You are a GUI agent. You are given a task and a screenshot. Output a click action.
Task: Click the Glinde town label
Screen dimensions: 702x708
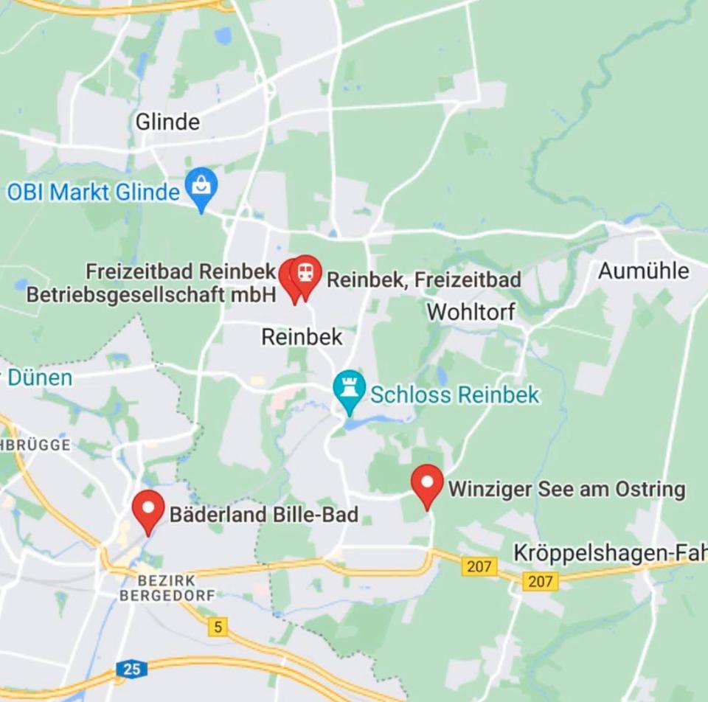click(167, 122)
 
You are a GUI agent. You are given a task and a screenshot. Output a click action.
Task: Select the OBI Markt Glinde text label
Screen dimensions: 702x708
click(94, 192)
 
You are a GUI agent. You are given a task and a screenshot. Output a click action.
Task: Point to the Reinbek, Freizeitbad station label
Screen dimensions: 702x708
click(424, 280)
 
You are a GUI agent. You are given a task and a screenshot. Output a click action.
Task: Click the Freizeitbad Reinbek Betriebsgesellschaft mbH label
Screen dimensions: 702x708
click(151, 282)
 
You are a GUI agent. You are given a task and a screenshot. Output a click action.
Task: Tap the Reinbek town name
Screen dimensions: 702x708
click(302, 337)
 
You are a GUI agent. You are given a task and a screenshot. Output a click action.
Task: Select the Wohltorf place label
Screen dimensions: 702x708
click(471, 311)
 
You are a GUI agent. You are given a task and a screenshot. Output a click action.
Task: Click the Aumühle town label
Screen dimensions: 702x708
click(643, 271)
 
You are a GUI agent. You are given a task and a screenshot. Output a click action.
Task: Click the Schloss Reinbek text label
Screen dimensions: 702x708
click(454, 395)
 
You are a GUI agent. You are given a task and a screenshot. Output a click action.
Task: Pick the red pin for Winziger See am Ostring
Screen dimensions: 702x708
click(427, 483)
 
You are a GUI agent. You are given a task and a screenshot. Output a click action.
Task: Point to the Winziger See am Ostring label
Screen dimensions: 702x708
click(566, 489)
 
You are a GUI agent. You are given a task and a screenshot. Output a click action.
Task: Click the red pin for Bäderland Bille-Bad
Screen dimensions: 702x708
click(148, 509)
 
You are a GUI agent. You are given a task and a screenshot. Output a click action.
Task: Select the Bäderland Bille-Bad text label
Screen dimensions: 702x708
click(264, 514)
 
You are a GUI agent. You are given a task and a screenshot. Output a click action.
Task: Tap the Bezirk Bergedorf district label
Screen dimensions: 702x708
click(167, 588)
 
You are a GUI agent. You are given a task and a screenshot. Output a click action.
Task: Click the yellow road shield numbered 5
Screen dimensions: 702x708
click(217, 628)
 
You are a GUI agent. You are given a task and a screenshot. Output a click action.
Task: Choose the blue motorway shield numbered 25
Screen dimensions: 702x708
click(131, 669)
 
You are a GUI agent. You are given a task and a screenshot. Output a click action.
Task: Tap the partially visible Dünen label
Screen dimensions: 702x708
click(40, 378)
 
